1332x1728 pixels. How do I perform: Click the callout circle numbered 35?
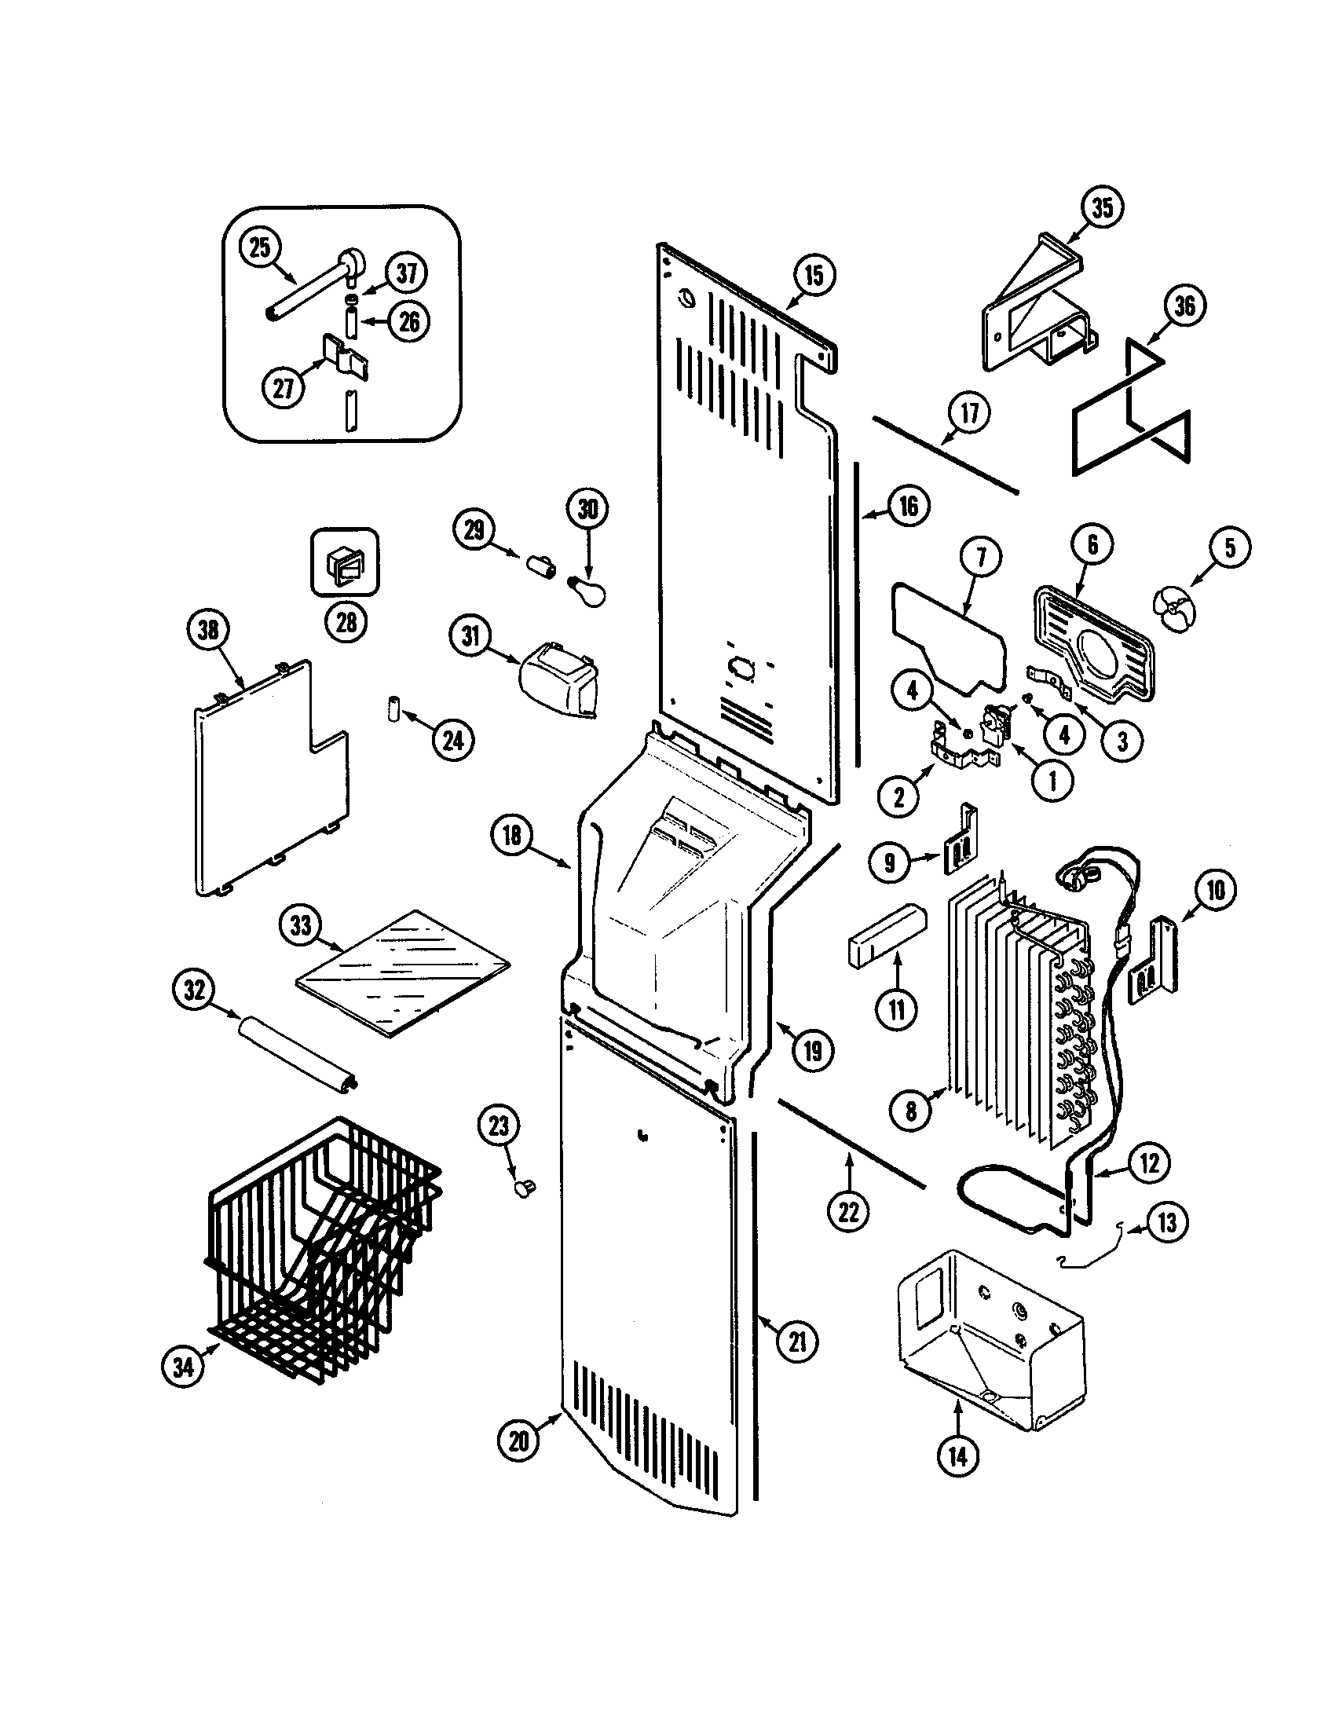point(1102,208)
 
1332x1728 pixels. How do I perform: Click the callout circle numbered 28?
point(346,623)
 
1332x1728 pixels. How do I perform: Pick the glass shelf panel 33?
point(404,974)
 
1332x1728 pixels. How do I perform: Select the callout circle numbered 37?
point(407,273)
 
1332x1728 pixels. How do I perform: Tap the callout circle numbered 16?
point(909,505)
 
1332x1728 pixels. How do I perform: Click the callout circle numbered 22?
point(848,1210)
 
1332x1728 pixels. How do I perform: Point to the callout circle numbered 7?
point(981,557)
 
